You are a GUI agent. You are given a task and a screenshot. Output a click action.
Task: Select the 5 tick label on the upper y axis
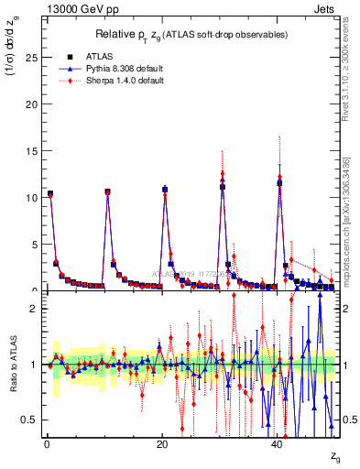(x=36, y=244)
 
